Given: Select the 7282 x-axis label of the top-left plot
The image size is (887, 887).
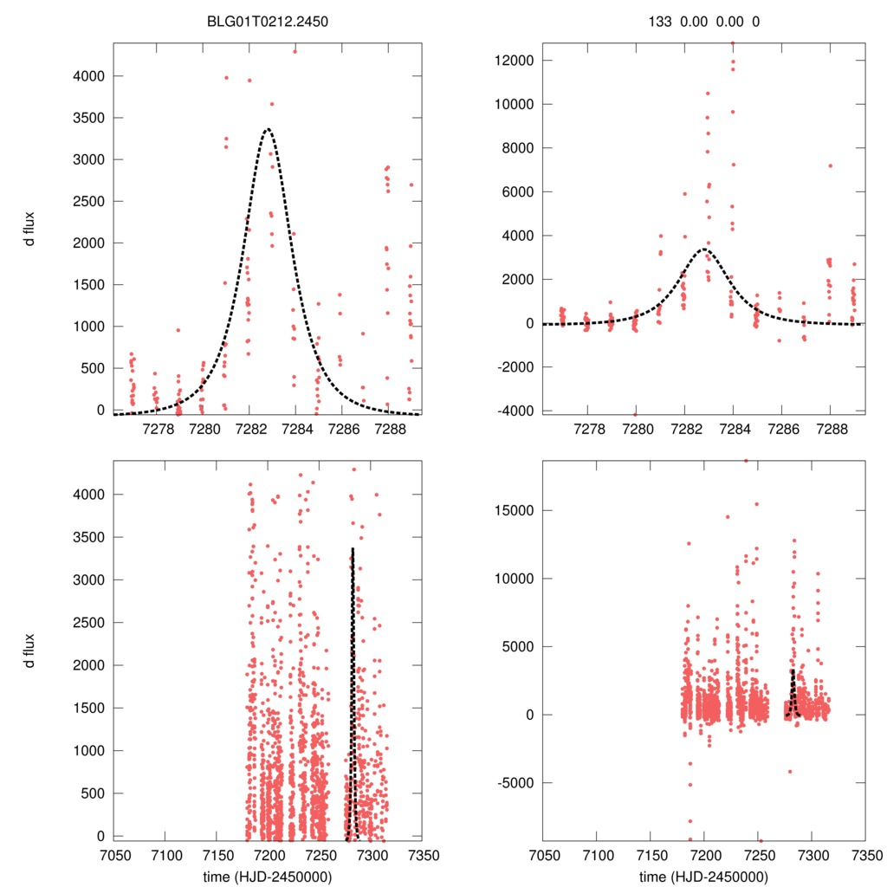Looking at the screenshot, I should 249,428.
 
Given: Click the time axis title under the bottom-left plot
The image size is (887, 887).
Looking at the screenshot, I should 267,876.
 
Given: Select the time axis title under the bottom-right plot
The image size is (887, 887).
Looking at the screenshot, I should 703,876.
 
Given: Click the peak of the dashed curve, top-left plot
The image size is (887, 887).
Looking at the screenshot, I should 268,129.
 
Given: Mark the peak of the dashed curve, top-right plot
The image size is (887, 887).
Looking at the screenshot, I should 703,249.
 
